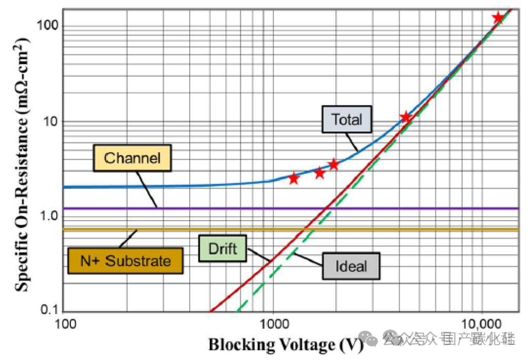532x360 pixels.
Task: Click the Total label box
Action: pyautogui.click(x=346, y=119)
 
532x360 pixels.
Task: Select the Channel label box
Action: pyautogui.click(x=133, y=158)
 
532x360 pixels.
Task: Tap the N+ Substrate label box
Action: pyautogui.click(x=126, y=261)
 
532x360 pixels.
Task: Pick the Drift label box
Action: pyautogui.click(x=223, y=248)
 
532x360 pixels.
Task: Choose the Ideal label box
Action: pyautogui.click(x=351, y=266)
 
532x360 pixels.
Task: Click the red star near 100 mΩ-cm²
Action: pyautogui.click(x=498, y=18)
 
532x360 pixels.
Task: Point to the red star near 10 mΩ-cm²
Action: pyautogui.click(x=405, y=117)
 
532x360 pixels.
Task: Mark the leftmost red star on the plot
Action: pyautogui.click(x=294, y=178)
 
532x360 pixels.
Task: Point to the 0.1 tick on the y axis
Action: pyautogui.click(x=50, y=310)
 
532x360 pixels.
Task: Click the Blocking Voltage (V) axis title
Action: pyautogui.click(x=286, y=345)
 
